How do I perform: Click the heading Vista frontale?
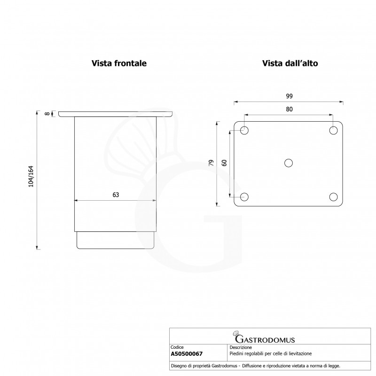(x=119, y=64)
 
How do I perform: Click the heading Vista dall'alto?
(x=291, y=64)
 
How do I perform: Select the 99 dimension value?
(x=289, y=96)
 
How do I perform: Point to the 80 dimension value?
(x=289, y=109)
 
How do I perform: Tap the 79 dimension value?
(x=211, y=163)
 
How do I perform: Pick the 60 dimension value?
(x=224, y=163)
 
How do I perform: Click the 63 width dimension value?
(x=116, y=196)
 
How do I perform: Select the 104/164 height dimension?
(x=31, y=179)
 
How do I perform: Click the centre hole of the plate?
(x=289, y=163)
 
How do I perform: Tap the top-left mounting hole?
(x=244, y=130)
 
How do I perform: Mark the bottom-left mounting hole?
(x=244, y=196)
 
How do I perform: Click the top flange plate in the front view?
(x=116, y=114)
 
